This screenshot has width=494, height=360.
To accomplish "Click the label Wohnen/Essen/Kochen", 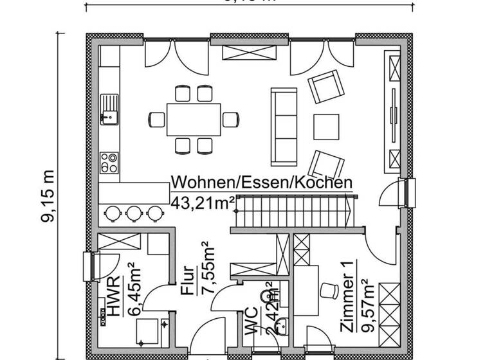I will point(262,183).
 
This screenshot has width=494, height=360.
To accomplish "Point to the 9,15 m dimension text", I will point(48,197).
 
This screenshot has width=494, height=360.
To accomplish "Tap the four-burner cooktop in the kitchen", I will point(109,161).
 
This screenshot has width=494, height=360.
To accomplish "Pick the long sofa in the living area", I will point(283,126).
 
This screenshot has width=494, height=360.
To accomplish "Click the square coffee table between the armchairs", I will point(327,125).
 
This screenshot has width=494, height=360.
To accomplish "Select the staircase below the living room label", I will point(293,212).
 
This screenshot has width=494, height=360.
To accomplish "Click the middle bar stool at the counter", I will point(134,212).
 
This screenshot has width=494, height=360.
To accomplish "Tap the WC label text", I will point(252,321).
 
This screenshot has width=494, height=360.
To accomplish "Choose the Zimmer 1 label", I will point(347,305).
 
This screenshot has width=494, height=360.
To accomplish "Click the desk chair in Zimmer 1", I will point(329,290).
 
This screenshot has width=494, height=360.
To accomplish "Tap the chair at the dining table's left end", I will point(158,119).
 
